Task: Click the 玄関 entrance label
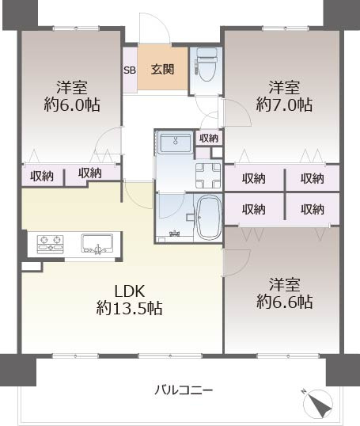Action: tap(162, 70)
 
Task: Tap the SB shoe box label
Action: tap(130, 70)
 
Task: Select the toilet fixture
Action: tap(206, 64)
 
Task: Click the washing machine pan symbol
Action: tap(208, 176)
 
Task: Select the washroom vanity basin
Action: tap(176, 143)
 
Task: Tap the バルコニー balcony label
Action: tap(184, 390)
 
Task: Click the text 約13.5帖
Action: tap(129, 308)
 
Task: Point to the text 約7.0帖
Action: tap(284, 105)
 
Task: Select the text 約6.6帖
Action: tap(285, 302)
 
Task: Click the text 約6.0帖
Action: tap(72, 105)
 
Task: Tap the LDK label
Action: tap(129, 291)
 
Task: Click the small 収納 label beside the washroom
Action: tap(209, 139)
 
